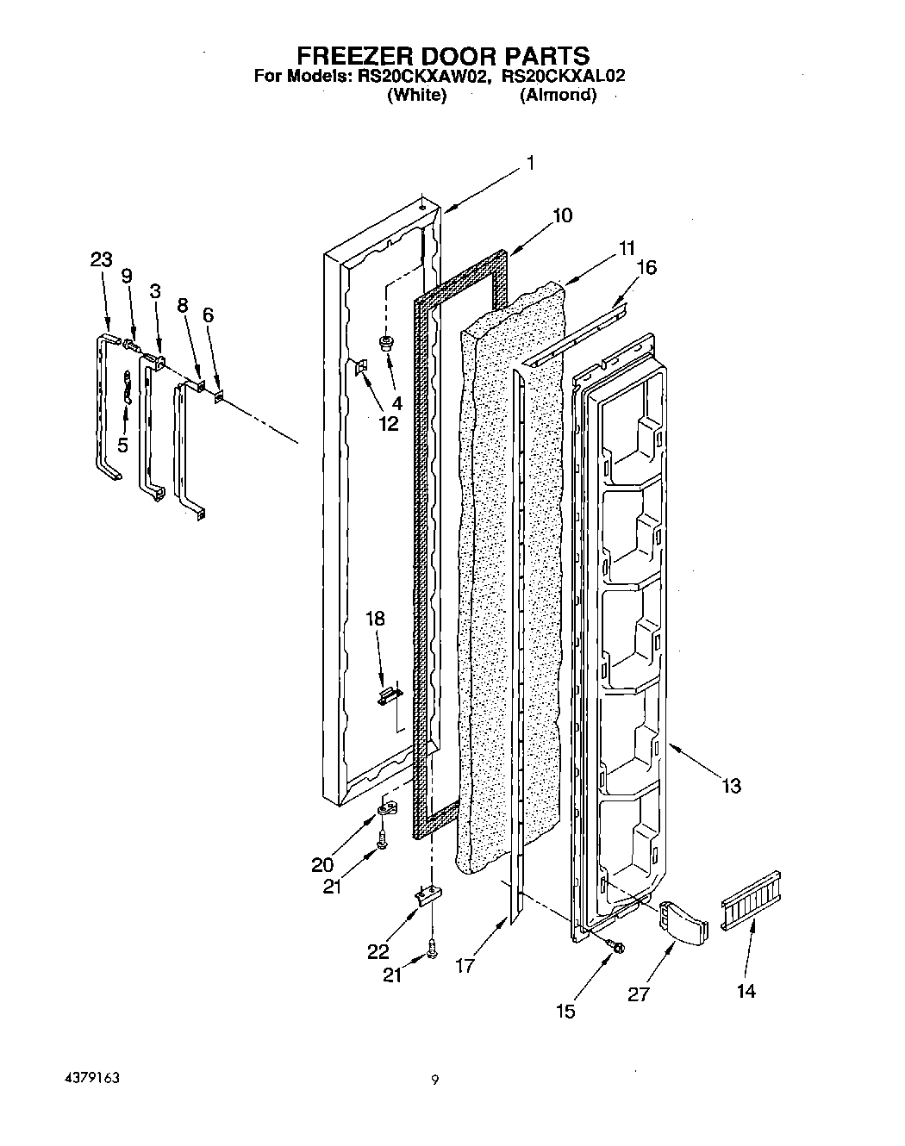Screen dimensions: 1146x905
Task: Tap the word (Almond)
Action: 558,96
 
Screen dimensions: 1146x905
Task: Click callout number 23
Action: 102,259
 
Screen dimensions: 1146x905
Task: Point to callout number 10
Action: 561,215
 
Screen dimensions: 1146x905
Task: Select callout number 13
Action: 731,786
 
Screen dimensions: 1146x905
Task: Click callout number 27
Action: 639,993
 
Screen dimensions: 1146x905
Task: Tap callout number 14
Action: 746,992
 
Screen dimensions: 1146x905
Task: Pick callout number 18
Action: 375,619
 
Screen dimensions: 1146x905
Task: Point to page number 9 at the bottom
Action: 436,1080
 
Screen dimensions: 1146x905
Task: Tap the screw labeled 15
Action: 617,948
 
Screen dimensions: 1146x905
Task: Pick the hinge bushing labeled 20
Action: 387,809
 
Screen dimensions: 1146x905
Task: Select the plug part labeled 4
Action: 386,343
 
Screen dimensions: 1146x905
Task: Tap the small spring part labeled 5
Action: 126,385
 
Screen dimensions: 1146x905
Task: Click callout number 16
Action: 645,267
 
